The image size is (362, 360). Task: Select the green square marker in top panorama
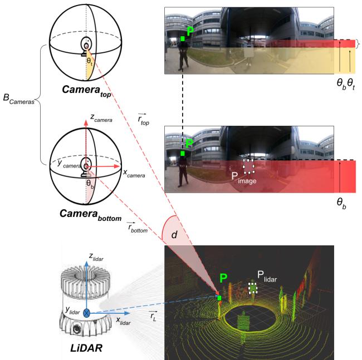(183, 38)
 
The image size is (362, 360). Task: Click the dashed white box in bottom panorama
(248, 165)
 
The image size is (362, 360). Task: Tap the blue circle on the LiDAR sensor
(87, 313)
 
